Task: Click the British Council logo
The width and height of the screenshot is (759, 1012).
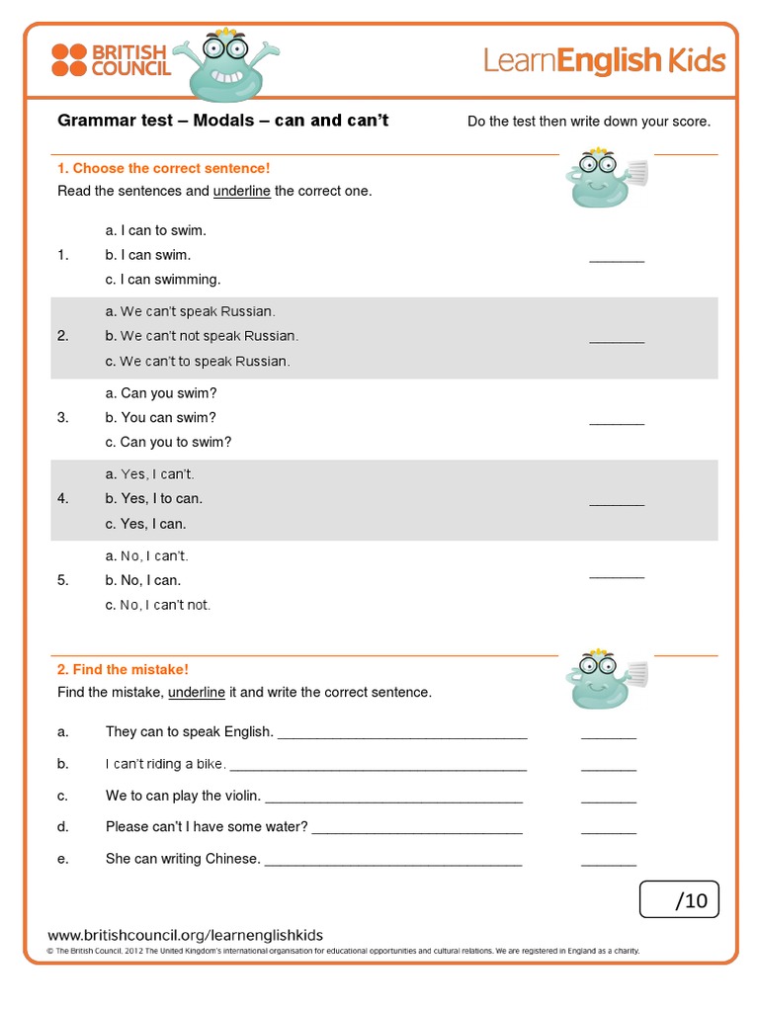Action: [x=110, y=59]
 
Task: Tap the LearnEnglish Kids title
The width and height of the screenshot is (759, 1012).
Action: [x=604, y=60]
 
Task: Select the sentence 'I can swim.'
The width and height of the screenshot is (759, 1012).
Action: [x=155, y=255]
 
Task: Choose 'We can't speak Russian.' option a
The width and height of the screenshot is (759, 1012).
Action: [x=198, y=311]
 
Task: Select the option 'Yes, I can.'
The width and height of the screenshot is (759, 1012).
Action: [x=153, y=524]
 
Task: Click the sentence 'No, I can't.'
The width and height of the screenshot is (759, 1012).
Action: [x=154, y=556]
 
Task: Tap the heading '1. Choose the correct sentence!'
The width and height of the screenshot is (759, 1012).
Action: [x=163, y=169]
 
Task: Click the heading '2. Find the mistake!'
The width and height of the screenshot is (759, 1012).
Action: [x=123, y=670]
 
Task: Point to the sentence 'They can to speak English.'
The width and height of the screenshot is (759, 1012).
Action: [x=189, y=732]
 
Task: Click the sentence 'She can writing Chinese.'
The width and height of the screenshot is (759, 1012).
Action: [x=183, y=859]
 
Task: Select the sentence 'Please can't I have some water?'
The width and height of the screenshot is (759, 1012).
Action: [x=207, y=827]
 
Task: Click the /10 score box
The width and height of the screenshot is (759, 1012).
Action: [x=679, y=900]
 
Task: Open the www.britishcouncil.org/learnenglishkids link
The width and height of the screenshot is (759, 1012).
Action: [x=186, y=935]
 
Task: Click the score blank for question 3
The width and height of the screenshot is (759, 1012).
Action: [x=616, y=422]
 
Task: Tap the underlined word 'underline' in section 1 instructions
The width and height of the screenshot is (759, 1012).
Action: [x=242, y=191]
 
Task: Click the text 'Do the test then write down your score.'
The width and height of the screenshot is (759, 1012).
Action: [x=588, y=122]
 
